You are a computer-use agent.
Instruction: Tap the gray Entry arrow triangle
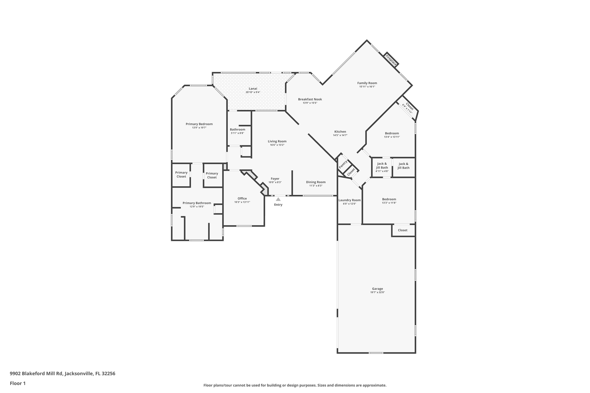(x=278, y=199)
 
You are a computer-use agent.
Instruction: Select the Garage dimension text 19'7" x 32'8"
(x=377, y=293)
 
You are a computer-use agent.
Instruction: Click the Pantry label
(x=343, y=164)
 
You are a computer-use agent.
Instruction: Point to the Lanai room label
(x=253, y=89)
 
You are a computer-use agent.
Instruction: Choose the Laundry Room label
(x=349, y=200)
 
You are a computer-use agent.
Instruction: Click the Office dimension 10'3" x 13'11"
(x=242, y=202)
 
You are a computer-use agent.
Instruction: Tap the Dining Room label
(x=316, y=182)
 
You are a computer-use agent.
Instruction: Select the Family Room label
(x=367, y=83)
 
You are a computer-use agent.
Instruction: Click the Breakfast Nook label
(x=310, y=99)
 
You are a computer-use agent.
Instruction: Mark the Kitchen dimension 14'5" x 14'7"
(x=340, y=135)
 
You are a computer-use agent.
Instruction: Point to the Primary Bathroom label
(x=197, y=203)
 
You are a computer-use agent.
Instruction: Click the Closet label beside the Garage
(x=402, y=230)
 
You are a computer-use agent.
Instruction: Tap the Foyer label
(x=275, y=179)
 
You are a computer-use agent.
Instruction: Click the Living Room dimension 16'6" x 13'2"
(x=277, y=145)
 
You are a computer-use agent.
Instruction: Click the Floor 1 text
(x=18, y=383)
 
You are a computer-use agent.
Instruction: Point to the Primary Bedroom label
(x=199, y=124)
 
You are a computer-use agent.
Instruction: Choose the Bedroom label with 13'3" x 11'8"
(x=389, y=199)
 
